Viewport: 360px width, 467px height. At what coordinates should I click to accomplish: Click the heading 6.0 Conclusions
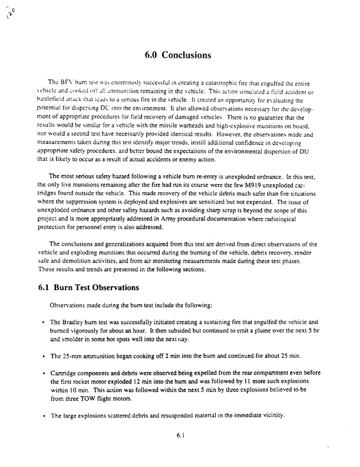[177, 55]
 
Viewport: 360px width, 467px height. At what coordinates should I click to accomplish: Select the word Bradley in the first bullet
[71, 322]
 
